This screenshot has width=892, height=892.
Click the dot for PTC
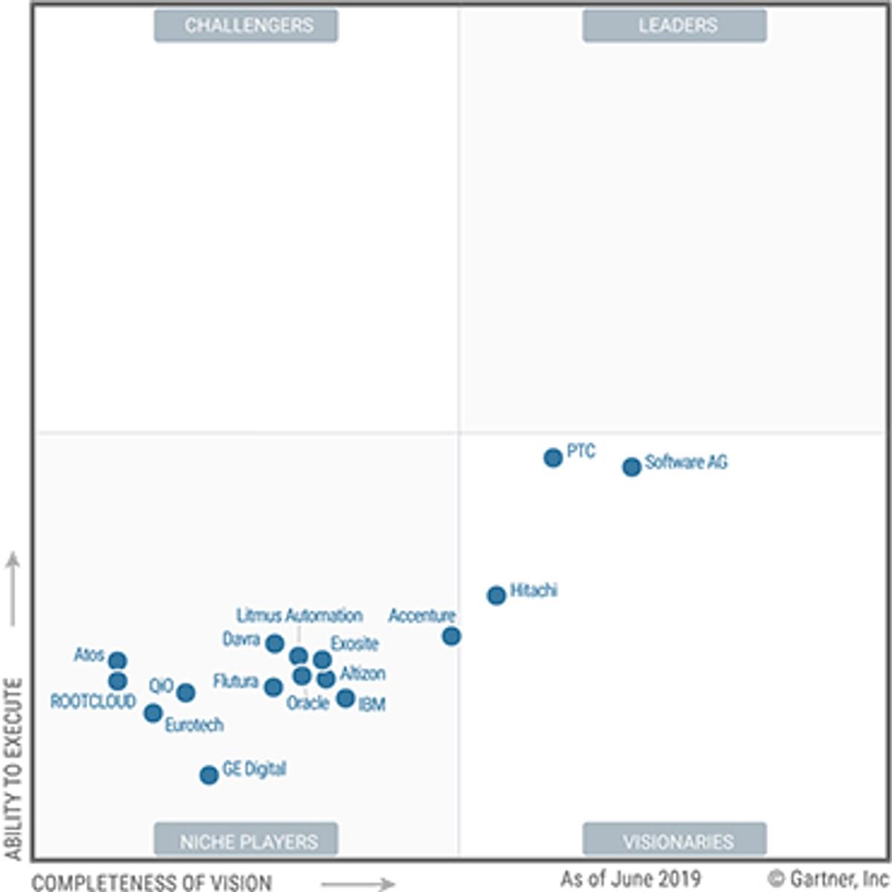(552, 458)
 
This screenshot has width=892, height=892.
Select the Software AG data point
(631, 467)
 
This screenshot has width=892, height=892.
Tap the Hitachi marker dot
(496, 595)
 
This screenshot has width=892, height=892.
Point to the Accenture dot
(451, 636)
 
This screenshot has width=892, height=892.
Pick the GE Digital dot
(209, 775)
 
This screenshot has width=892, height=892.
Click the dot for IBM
(346, 698)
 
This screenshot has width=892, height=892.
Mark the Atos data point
(117, 660)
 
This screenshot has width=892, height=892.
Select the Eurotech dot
(153, 713)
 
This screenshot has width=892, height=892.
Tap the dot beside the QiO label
(186, 692)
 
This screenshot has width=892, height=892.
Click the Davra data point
(275, 643)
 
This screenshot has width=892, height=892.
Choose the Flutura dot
(274, 687)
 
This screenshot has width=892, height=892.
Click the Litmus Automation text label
(300, 615)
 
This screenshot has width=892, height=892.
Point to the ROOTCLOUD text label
(93, 701)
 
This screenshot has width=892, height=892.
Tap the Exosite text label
(355, 644)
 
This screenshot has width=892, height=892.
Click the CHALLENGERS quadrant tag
(246, 25)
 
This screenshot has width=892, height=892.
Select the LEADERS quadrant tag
(674, 25)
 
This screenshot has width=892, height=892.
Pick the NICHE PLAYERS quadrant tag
(246, 841)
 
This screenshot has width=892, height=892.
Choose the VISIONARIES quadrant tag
(674, 841)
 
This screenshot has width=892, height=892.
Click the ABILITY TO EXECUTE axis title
(13, 769)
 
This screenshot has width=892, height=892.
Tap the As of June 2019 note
(630, 879)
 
